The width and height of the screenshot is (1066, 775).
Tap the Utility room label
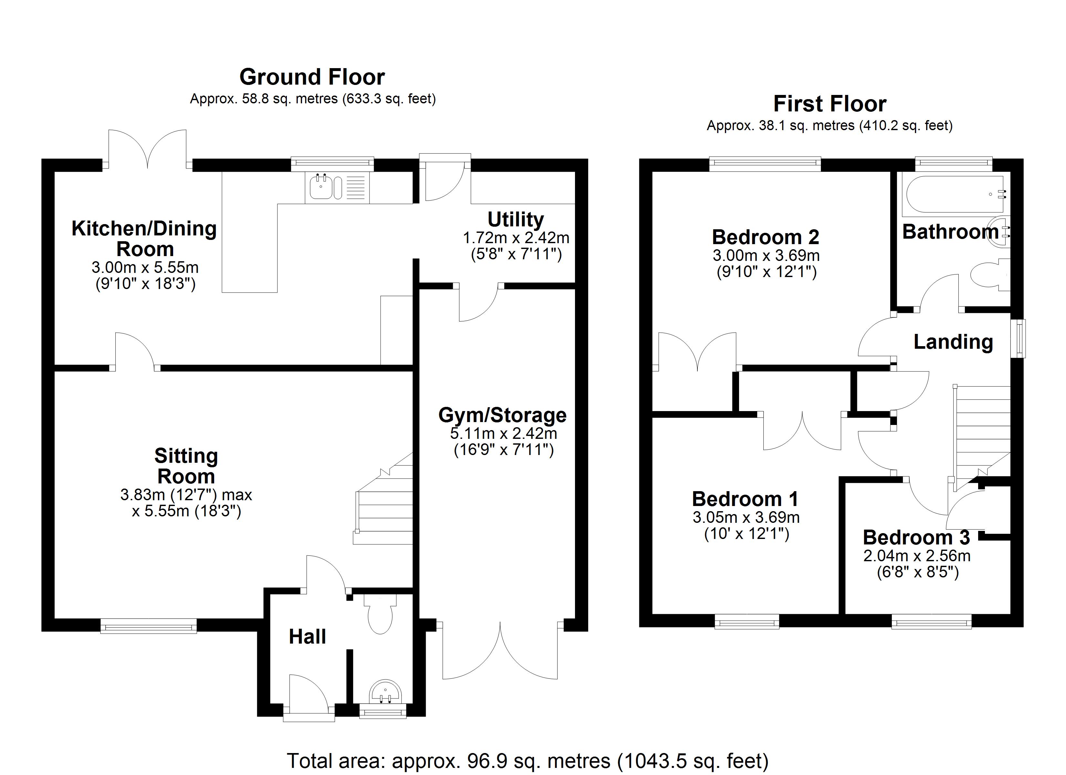516,220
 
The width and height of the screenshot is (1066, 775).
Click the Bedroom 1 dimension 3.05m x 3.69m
746,517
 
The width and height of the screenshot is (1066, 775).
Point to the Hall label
308,637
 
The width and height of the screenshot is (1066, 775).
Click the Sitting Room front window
149,625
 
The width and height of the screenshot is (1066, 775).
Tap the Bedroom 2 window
765,163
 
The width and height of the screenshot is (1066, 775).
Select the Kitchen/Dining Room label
144,239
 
